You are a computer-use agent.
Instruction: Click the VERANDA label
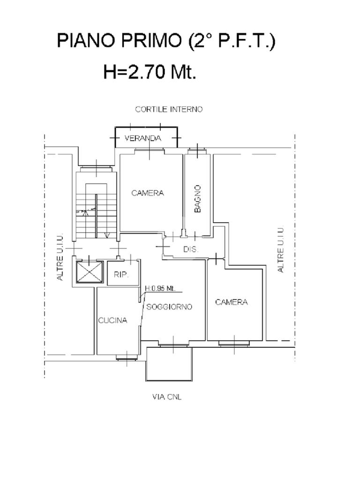[x=142, y=138]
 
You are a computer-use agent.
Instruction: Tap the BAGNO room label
[x=198, y=199]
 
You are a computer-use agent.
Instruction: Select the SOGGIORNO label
[x=169, y=307]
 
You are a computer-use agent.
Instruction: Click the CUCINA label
[x=112, y=321]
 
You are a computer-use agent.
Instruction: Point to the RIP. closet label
[x=121, y=275]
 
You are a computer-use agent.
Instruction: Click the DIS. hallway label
[x=191, y=249]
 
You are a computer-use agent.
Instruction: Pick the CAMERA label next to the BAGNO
[x=148, y=193]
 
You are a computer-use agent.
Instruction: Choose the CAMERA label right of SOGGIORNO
[x=232, y=302]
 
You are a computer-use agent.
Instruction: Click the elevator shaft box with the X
[x=89, y=272]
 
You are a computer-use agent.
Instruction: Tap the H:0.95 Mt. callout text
[x=160, y=288]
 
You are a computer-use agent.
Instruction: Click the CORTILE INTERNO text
[x=169, y=109]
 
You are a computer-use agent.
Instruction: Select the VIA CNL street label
[x=167, y=397]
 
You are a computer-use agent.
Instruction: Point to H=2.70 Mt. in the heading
[x=150, y=72]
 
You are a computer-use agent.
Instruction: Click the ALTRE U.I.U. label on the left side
[x=60, y=257]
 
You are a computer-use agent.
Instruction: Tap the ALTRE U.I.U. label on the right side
[x=280, y=250]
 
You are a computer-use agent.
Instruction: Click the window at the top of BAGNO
[x=197, y=150]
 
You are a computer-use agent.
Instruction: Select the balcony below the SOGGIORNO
[x=169, y=364]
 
